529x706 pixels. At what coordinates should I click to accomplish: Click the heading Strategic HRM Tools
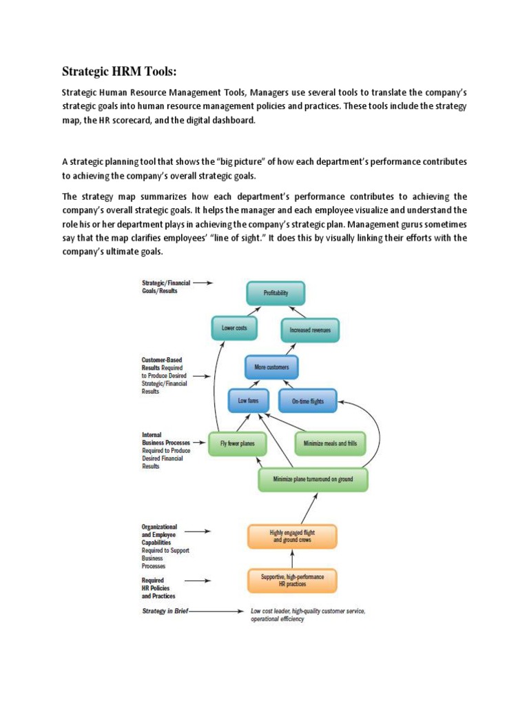[124, 71]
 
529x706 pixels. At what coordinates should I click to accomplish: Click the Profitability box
[276, 294]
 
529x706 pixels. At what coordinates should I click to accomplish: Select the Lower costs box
[234, 328]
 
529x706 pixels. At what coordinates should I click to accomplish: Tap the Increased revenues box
[310, 330]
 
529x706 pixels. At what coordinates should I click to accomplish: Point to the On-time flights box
[307, 401]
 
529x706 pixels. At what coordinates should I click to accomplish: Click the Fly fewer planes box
[237, 443]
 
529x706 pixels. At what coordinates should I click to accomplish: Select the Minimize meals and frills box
[330, 443]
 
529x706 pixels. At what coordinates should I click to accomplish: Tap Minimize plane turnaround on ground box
[313, 479]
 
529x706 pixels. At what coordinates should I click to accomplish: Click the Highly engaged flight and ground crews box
[292, 537]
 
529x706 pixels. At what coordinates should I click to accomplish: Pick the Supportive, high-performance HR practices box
[292, 580]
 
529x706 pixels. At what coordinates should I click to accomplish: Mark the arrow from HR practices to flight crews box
[292, 558]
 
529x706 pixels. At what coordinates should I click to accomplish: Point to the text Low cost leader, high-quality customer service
[307, 611]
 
